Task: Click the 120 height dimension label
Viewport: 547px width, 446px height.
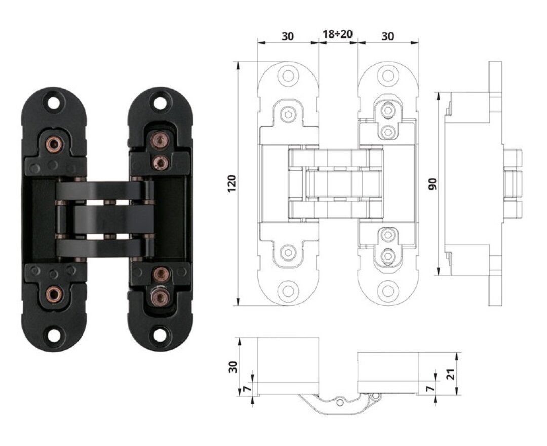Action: pyautogui.click(x=232, y=184)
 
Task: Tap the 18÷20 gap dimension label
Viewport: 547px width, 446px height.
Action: pyautogui.click(x=337, y=34)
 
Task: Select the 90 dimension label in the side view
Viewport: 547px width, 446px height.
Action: pyautogui.click(x=433, y=184)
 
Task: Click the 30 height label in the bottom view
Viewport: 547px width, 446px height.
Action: pyautogui.click(x=232, y=367)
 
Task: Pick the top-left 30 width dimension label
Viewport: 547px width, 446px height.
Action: pyautogui.click(x=288, y=36)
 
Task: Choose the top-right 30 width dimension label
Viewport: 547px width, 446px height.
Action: pyautogui.click(x=387, y=36)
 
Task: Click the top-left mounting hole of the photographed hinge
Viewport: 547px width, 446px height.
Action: pyautogui.click(x=54, y=102)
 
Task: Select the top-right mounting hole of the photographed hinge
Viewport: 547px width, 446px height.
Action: pyautogui.click(x=160, y=102)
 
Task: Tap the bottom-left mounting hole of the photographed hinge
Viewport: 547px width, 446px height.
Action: pyautogui.click(x=54, y=336)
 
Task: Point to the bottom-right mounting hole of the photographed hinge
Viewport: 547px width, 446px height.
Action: pyautogui.click(x=160, y=336)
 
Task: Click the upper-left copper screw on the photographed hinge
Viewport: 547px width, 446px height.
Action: pyautogui.click(x=54, y=143)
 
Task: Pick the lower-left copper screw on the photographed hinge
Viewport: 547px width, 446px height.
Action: pyautogui.click(x=54, y=292)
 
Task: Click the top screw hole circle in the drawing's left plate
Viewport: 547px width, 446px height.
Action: pyautogui.click(x=288, y=76)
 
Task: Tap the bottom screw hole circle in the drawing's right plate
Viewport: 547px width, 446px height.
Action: pyautogui.click(x=388, y=290)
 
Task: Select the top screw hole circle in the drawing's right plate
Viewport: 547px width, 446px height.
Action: pyautogui.click(x=388, y=76)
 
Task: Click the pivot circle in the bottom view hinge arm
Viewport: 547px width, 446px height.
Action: pyautogui.click(x=340, y=403)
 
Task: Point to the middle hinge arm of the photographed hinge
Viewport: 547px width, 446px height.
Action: pyautogui.click(x=114, y=219)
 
